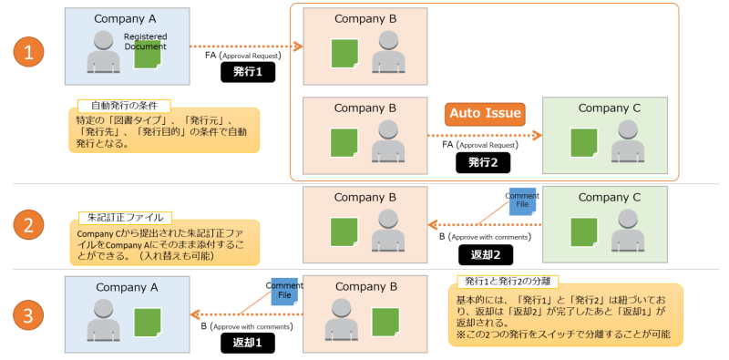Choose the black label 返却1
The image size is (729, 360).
pyautogui.click(x=247, y=343)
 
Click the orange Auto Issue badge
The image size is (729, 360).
pyautogui.click(x=484, y=114)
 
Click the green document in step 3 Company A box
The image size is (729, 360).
pyautogui.click(x=147, y=321)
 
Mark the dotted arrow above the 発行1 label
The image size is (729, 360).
pyautogui.click(x=247, y=45)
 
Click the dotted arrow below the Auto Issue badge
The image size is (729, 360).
pyautogui.click(x=483, y=136)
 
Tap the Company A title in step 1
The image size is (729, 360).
pyautogui.click(x=126, y=19)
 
